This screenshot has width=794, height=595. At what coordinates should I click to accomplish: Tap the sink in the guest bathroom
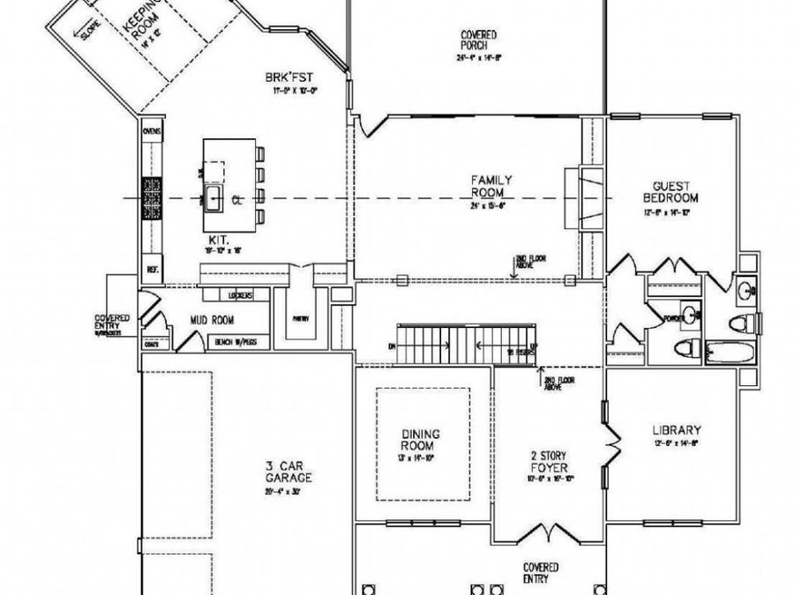(x=745, y=288)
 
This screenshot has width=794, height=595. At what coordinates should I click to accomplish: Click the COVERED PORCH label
(x=478, y=41)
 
